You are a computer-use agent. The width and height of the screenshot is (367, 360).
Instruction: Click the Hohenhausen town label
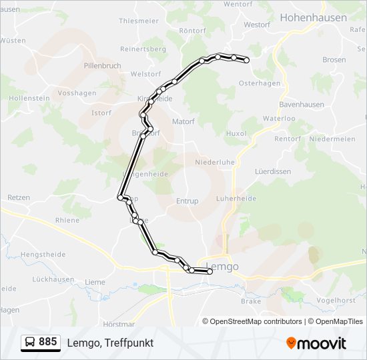[x=314, y=18]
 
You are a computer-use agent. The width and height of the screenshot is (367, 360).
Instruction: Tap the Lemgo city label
[x=222, y=267]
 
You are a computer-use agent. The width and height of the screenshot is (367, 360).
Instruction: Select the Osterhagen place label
[x=260, y=83]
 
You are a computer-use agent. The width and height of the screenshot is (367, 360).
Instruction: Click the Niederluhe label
[x=215, y=162]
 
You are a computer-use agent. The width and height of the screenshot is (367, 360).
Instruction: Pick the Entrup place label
[x=188, y=201]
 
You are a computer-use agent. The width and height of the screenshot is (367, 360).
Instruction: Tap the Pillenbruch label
[x=102, y=66]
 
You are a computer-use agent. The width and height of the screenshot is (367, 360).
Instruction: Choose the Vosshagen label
[x=77, y=93]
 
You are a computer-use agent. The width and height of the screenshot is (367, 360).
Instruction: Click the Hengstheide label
[x=43, y=255]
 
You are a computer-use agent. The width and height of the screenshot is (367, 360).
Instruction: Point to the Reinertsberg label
[x=142, y=49]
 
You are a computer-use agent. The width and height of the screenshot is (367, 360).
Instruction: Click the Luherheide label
[x=236, y=199]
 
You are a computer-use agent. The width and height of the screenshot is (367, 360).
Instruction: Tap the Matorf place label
[x=183, y=122]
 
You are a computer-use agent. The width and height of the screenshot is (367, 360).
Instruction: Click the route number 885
[x=47, y=342]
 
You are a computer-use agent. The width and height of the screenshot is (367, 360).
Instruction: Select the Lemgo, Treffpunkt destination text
[x=110, y=343]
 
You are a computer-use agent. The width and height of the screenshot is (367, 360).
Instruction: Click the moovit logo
[x=316, y=343]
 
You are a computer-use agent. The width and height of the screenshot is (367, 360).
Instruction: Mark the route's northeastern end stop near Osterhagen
[x=246, y=61]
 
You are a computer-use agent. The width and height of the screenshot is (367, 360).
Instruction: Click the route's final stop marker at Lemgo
[x=210, y=271]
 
